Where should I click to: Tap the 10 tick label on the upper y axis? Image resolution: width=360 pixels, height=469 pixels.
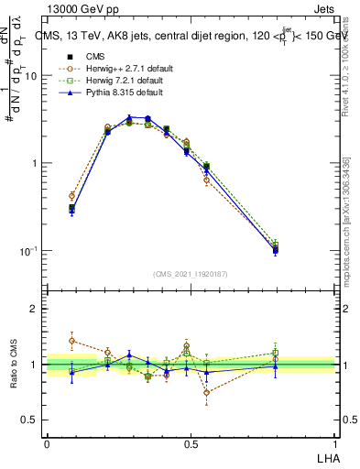point(30,76)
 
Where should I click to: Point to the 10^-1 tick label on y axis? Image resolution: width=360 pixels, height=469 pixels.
point(27,251)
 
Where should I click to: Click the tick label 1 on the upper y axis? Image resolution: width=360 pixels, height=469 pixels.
point(34,164)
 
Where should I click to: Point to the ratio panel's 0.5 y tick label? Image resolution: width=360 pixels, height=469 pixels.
point(28,420)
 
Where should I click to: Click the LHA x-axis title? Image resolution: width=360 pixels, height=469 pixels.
point(325,457)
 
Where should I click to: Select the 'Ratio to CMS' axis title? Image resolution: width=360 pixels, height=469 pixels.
point(13,365)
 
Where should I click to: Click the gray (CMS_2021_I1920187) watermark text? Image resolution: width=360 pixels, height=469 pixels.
point(190,273)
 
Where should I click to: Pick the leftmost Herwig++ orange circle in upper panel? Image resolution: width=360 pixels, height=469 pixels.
point(71,195)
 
